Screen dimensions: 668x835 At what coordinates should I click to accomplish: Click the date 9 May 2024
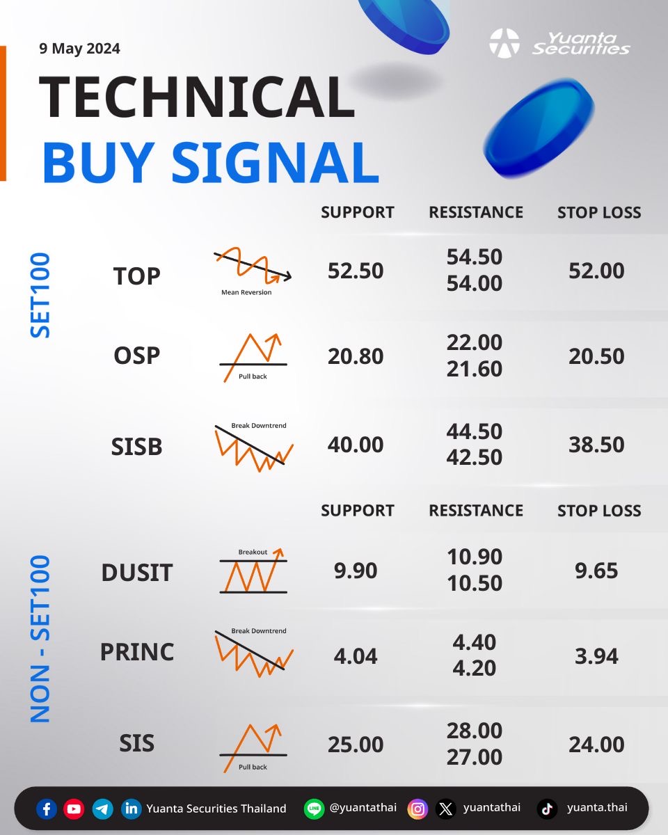[x=79, y=49]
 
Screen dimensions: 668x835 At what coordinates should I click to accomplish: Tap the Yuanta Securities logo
[x=559, y=43]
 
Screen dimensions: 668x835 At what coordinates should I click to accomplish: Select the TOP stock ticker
[x=136, y=276]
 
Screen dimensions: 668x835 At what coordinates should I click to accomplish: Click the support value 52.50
[x=356, y=271]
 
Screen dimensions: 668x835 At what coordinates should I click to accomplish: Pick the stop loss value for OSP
[x=596, y=356]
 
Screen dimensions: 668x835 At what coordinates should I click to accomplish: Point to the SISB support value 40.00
[x=356, y=444]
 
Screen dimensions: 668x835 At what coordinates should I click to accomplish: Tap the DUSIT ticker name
[x=136, y=572]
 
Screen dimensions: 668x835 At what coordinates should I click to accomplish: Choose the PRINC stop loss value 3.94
[x=596, y=656]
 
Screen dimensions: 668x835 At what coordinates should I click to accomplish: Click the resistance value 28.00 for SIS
[x=475, y=731]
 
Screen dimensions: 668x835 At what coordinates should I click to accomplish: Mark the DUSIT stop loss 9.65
[x=596, y=571]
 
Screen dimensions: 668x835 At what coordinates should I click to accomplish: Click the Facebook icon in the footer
[x=47, y=809]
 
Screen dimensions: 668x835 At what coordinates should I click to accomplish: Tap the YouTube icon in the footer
[x=74, y=809]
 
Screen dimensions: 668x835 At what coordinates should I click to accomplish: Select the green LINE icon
[x=314, y=809]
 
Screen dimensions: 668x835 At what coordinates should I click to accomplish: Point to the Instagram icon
[x=417, y=809]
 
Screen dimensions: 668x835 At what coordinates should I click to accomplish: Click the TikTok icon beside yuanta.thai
[x=548, y=809]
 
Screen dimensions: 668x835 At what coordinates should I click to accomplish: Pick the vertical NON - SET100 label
[x=40, y=639]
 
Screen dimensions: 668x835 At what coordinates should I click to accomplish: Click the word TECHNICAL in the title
[x=197, y=97]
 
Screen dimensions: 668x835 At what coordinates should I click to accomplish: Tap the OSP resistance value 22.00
[x=475, y=342]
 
